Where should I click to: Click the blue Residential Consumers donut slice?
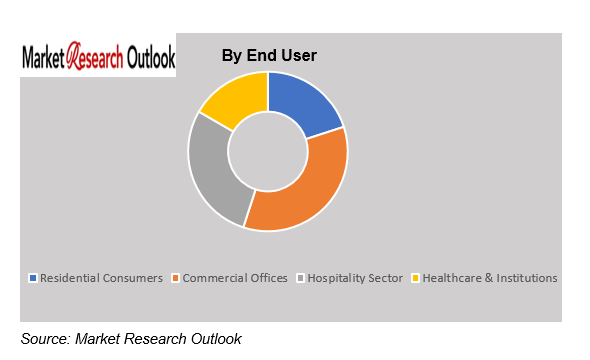point(301,102)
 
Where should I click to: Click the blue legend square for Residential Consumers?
point(33,278)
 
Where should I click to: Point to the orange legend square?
point(175,278)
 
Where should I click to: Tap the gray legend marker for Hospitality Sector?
point(300,278)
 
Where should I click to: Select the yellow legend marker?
point(415,278)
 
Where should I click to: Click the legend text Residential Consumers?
point(102,278)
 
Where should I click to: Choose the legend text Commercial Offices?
point(235,278)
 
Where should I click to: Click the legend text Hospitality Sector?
point(355,278)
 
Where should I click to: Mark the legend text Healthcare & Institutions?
point(490,278)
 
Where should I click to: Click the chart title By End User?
point(269,55)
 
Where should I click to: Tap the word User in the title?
point(299,55)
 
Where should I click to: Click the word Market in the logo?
point(43,58)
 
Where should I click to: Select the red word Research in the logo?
point(95,56)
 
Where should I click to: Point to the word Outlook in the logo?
point(151,57)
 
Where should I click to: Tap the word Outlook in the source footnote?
point(216,339)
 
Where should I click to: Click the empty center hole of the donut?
point(268,152)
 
